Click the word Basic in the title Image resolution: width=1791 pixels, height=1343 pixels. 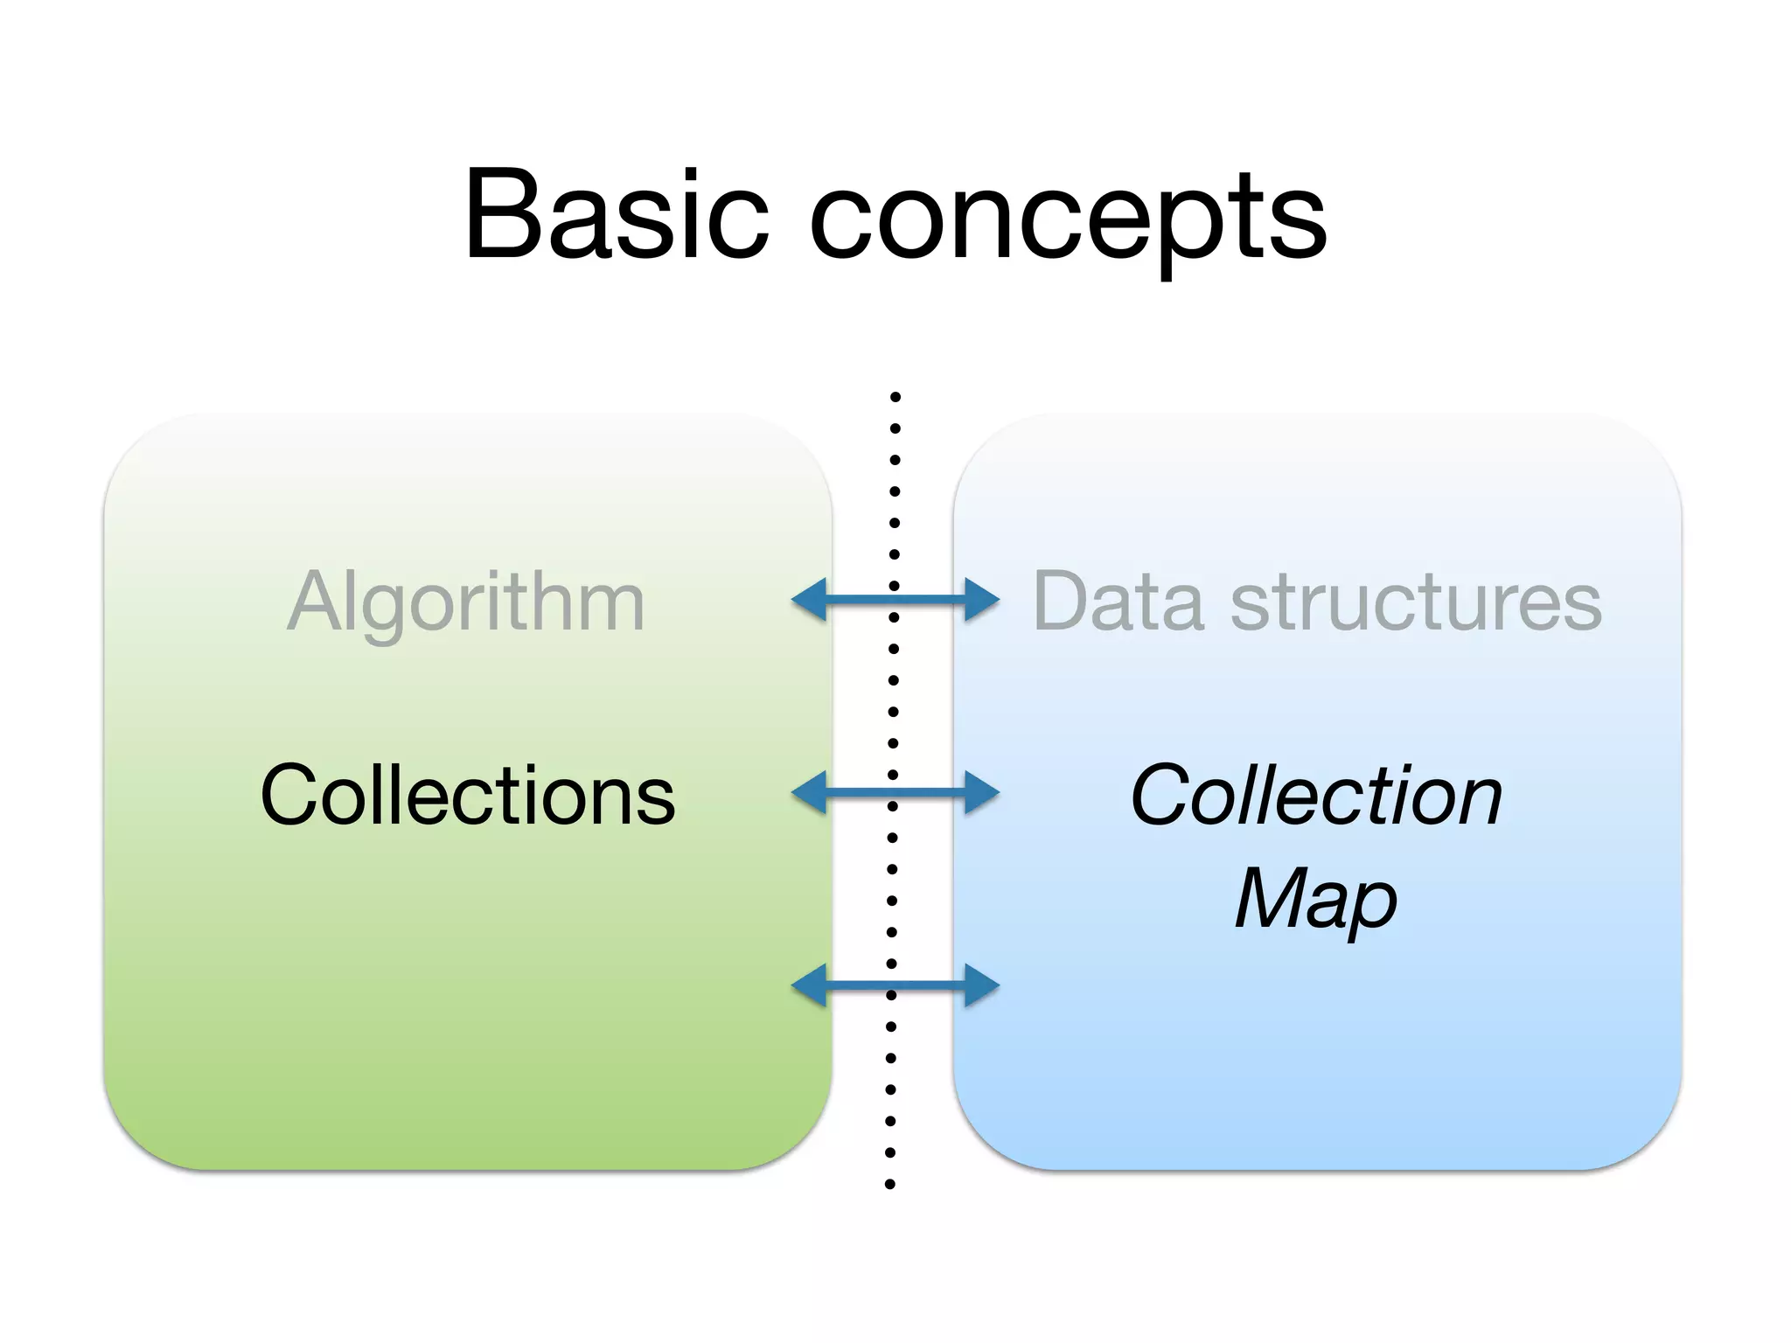[x=617, y=215]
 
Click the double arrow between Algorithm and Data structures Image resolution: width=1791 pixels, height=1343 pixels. [x=895, y=600]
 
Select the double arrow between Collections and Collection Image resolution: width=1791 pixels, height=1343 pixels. [x=895, y=793]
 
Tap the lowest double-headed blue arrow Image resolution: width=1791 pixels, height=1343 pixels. [x=895, y=986]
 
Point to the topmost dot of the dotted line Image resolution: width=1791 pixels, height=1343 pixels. [x=895, y=397]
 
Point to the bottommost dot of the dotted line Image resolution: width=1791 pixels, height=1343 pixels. [x=890, y=1185]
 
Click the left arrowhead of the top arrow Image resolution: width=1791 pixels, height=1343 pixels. [x=810, y=600]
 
